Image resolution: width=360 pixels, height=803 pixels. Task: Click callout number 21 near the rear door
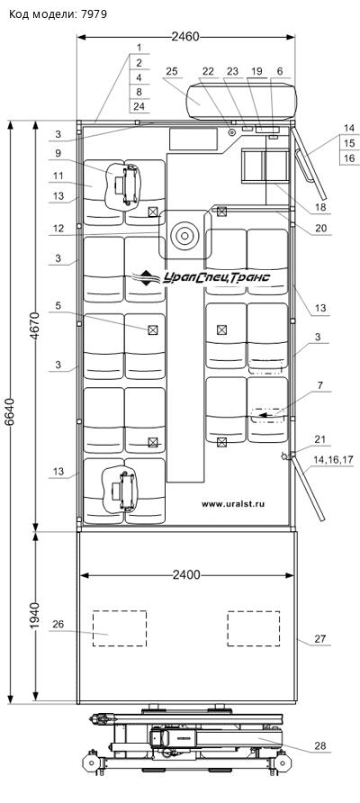pos(320,439)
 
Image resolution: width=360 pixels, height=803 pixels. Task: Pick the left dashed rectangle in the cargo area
pos(119,627)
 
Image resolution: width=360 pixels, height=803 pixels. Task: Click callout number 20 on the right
pos(320,229)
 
